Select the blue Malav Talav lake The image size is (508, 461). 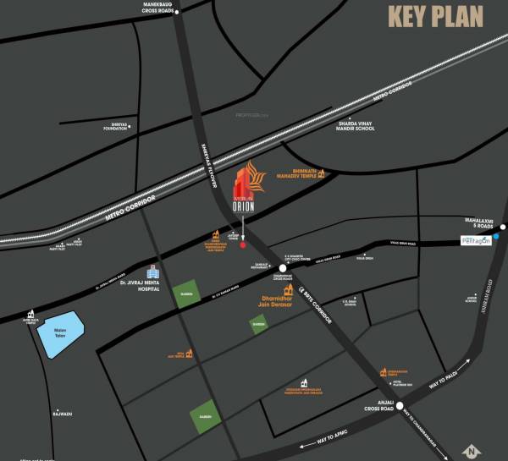[62, 332]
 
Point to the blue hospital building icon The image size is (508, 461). [153, 272]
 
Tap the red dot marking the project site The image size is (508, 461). [243, 245]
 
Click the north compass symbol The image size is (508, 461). [470, 451]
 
